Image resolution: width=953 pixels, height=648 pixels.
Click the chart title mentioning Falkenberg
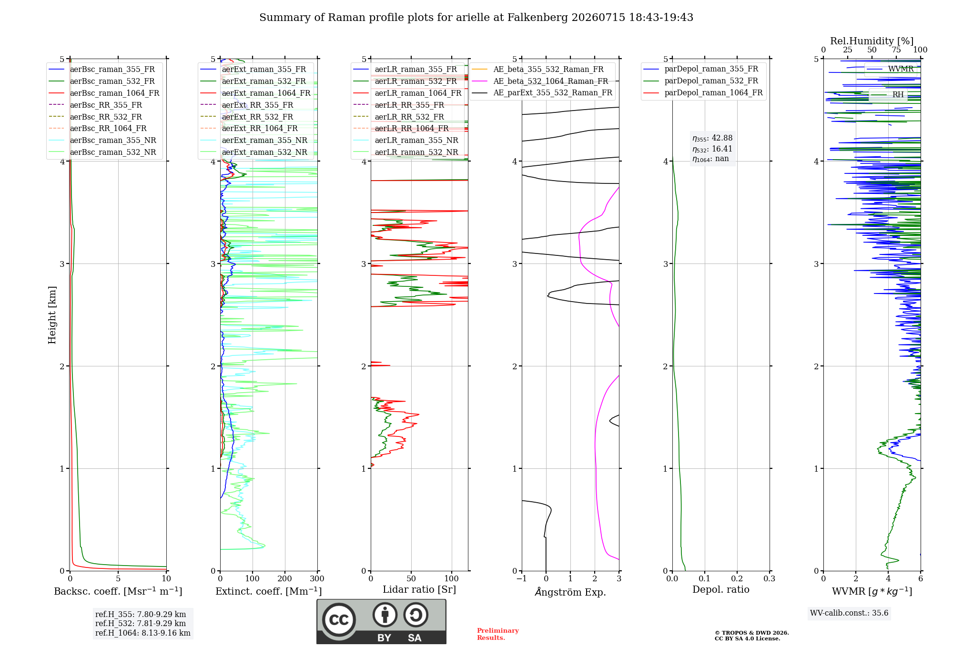coord(476,18)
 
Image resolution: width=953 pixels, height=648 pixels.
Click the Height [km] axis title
coord(52,315)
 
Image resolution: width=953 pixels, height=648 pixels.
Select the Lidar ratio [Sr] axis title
coord(419,589)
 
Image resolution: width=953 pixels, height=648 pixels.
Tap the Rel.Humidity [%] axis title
coord(872,41)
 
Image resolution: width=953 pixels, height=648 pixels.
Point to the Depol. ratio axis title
coord(720,589)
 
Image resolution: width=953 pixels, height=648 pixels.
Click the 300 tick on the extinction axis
coord(317,578)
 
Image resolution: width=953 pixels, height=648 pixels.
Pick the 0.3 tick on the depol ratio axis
coord(769,578)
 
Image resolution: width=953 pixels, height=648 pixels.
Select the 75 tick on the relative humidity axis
coord(896,50)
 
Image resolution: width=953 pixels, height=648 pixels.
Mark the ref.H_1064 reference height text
coord(142,633)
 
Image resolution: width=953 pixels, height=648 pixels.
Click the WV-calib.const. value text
coord(849,613)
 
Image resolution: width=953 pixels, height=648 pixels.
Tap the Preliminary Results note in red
coord(497,634)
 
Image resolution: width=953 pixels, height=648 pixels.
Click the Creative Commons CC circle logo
coord(339,619)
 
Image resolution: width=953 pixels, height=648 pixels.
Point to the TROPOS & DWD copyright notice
coord(751,636)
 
